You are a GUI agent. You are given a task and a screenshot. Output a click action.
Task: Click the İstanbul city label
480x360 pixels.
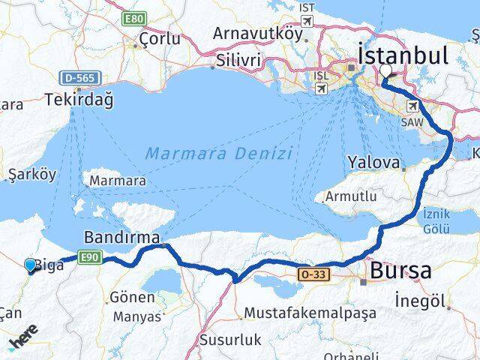pos(403,55)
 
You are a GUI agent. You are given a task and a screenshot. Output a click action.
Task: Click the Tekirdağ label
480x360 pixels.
pos(73,98)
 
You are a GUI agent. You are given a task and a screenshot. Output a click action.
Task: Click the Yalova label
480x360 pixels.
pos(372,161)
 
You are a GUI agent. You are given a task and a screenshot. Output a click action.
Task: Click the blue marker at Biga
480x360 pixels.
pos(30,265)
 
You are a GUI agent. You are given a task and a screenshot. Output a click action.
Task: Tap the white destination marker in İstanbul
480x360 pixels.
pos(386,72)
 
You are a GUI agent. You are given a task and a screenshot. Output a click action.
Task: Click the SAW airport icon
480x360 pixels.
pos(413,106)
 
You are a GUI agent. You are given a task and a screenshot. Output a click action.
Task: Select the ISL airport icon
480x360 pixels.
pos(321,88)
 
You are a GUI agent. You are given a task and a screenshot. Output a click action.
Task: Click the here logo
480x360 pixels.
pos(22,343)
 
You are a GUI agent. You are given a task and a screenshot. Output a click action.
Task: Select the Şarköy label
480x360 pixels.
pos(30,174)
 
